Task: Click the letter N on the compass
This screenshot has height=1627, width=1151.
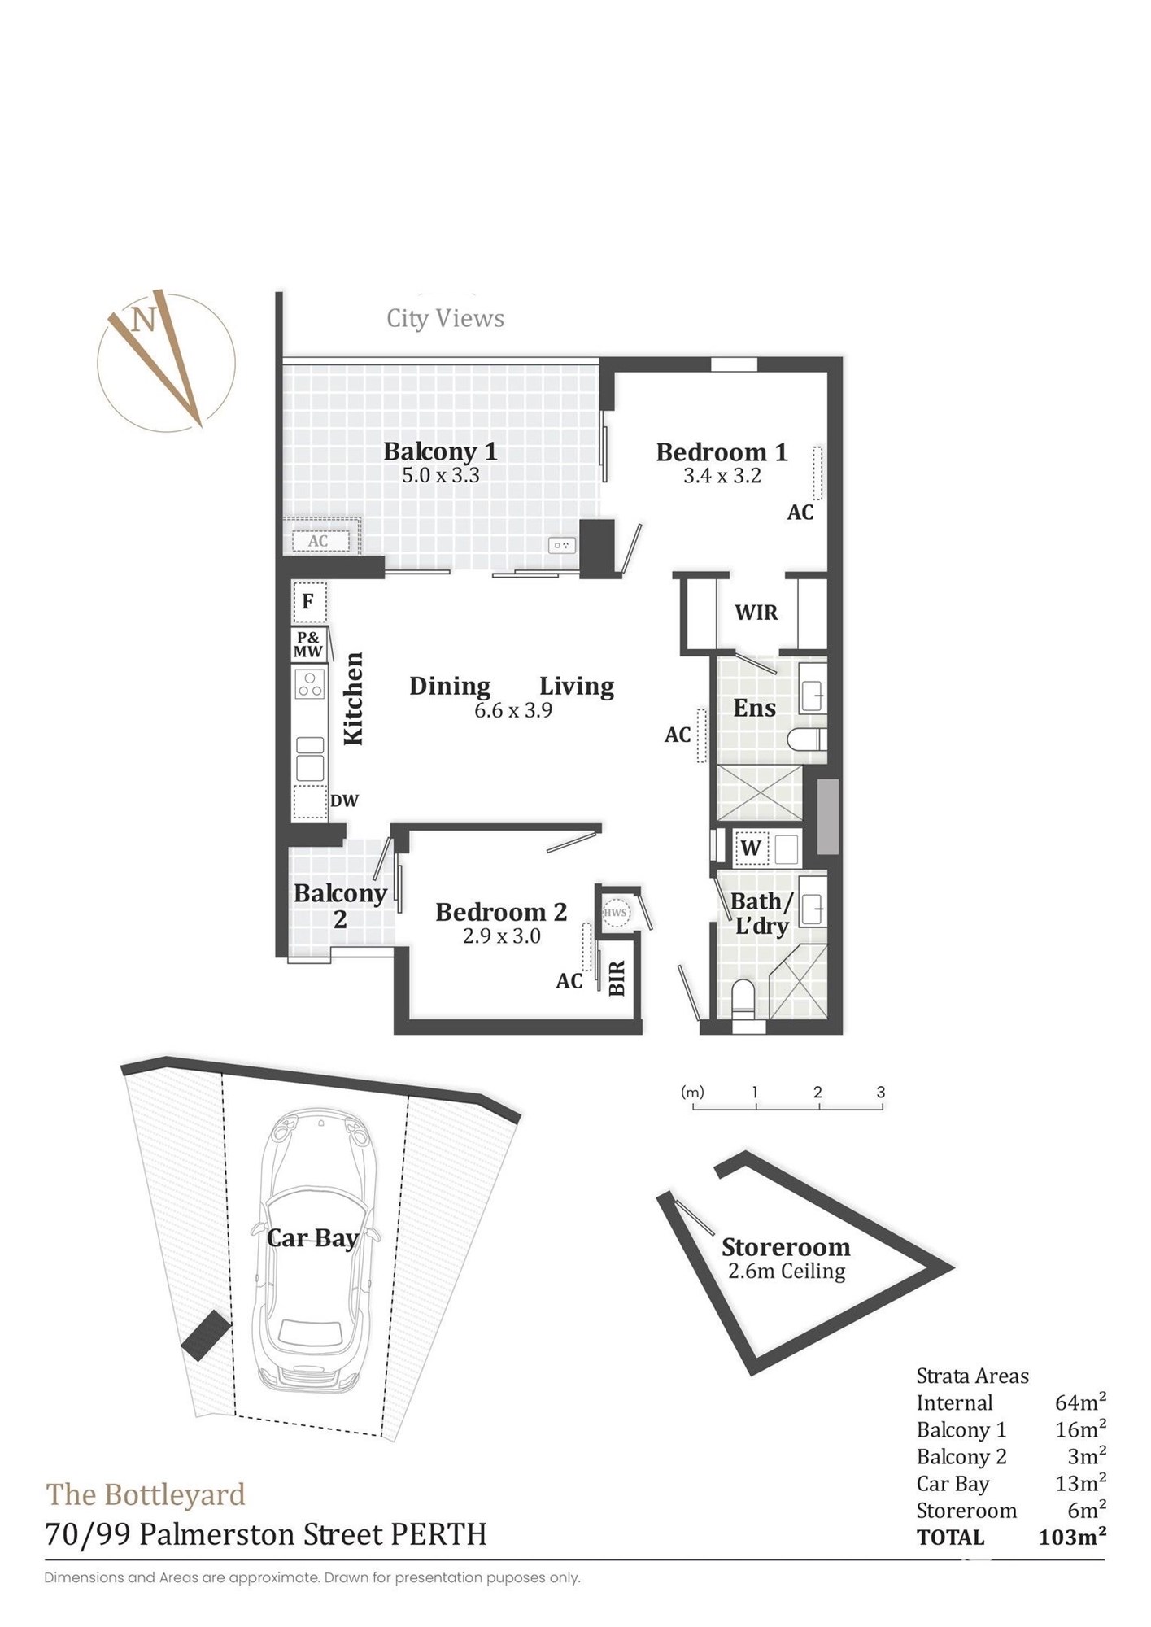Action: [144, 320]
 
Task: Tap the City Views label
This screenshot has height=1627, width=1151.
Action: [445, 318]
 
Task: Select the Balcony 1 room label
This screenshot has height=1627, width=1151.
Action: [440, 451]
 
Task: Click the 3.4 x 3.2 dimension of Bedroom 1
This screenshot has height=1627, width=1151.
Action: [722, 476]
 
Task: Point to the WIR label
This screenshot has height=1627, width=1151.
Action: [756, 613]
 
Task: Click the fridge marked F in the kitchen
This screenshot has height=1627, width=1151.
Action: [309, 602]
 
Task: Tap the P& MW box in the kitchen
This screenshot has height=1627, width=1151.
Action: [308, 644]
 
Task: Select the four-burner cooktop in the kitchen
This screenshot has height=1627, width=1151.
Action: [310, 683]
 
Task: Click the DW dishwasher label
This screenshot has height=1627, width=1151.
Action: [344, 800]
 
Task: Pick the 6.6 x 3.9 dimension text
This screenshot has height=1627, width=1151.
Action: [513, 710]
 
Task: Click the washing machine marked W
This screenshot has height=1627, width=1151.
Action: [751, 848]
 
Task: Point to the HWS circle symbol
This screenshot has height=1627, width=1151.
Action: [616, 913]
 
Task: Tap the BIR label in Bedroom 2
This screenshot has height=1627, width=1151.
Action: [617, 978]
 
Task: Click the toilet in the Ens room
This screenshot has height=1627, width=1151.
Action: [808, 739]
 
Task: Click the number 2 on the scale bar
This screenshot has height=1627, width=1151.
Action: [817, 1093]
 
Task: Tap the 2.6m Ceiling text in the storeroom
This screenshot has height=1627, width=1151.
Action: [787, 1271]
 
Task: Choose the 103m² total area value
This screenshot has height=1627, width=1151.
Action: [1072, 1537]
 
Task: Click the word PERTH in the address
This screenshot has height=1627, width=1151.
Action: [439, 1534]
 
